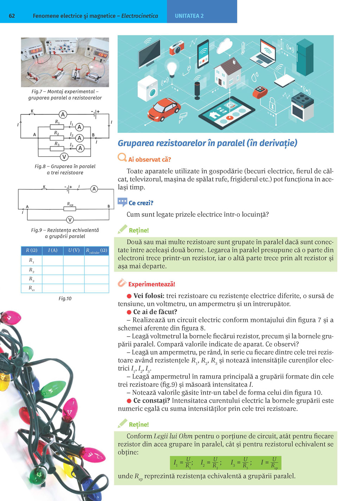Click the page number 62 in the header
coord(12,16)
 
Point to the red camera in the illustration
coord(176,47)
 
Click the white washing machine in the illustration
coord(148,89)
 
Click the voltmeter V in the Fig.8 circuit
coord(64,157)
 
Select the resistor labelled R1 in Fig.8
coord(57,127)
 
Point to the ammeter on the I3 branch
coord(80,148)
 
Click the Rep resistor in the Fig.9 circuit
coord(70,209)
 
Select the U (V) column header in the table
coord(74,250)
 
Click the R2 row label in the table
coord(32,270)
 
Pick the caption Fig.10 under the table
coord(65,298)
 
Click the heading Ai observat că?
coord(149,159)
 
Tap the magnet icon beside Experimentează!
coord(122,283)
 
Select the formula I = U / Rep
coord(269,463)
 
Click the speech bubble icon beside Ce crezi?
coord(122,202)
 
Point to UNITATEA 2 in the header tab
coord(189,16)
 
